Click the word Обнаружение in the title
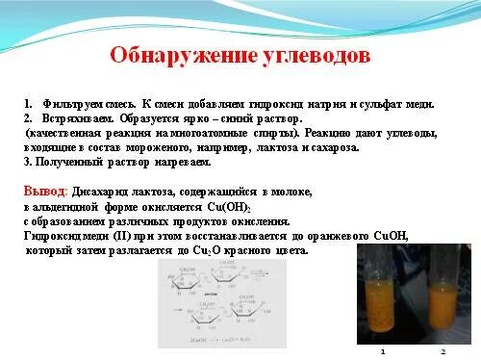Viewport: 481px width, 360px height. coord(171,55)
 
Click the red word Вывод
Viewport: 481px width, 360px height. coord(43,193)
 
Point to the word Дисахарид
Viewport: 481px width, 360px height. coord(102,193)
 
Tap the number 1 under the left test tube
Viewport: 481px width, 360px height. coord(383,350)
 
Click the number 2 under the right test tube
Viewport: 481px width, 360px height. coord(441,350)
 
